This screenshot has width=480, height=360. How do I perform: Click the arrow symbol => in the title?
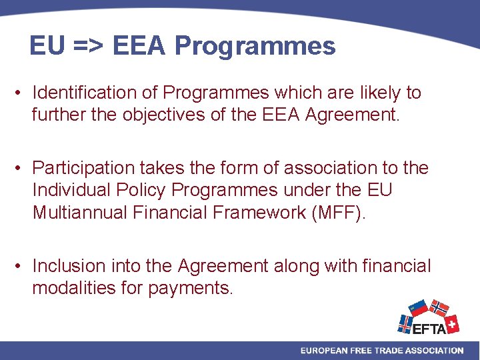click(x=86, y=46)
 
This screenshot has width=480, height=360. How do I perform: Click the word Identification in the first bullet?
click(x=93, y=92)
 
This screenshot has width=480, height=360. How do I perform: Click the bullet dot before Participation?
click(x=21, y=167)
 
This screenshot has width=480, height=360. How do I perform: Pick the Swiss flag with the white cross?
click(x=452, y=324)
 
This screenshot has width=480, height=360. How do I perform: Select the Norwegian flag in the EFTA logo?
click(x=438, y=308)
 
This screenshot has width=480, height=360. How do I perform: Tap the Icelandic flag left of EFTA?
click(x=405, y=325)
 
